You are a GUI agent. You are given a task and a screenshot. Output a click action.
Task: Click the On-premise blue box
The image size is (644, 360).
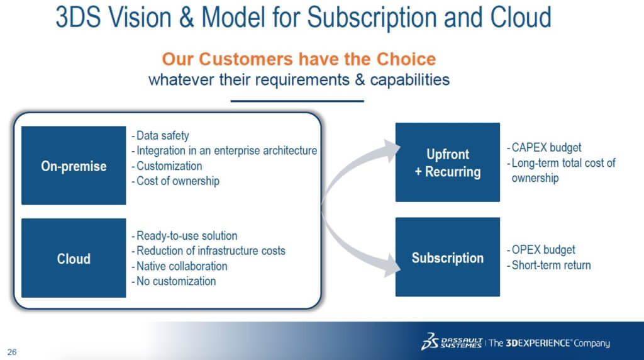[x=74, y=165]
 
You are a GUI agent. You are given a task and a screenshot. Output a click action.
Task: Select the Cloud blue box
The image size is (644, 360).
[x=74, y=257]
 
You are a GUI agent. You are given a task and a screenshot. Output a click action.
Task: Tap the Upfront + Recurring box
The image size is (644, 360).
[x=448, y=162]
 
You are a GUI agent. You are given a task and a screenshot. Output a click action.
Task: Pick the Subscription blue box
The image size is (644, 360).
[x=448, y=257]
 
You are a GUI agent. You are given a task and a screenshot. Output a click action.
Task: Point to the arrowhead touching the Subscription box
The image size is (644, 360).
[x=392, y=265]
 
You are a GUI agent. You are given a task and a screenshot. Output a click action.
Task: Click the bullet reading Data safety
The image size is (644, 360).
[x=160, y=135]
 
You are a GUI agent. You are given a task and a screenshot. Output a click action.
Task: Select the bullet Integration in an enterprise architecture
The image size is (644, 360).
[x=225, y=151]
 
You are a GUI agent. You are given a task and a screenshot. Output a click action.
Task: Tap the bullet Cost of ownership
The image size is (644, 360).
[x=175, y=181]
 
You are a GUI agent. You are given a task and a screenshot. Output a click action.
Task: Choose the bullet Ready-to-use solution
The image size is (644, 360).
[x=184, y=236]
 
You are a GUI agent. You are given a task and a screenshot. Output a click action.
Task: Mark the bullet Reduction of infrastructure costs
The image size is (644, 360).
[x=208, y=250]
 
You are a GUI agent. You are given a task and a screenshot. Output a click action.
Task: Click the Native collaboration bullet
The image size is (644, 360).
[x=179, y=266]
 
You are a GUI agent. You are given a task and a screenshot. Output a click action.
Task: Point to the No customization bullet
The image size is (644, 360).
[x=174, y=281]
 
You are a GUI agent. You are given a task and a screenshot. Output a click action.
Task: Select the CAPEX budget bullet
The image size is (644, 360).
[x=544, y=147]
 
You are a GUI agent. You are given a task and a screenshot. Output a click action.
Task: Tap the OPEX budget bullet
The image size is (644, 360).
[x=541, y=250]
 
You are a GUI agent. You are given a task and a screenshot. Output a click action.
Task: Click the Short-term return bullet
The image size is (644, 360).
[x=548, y=266]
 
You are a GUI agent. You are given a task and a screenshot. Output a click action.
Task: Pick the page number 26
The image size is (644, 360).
[x=12, y=352]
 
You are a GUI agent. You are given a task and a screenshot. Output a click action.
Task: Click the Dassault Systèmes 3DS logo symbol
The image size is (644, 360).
[x=430, y=342]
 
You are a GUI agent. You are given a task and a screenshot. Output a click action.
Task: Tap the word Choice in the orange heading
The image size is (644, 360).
[x=406, y=59]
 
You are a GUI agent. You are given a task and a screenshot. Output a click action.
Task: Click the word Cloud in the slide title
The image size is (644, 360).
[x=520, y=17]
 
